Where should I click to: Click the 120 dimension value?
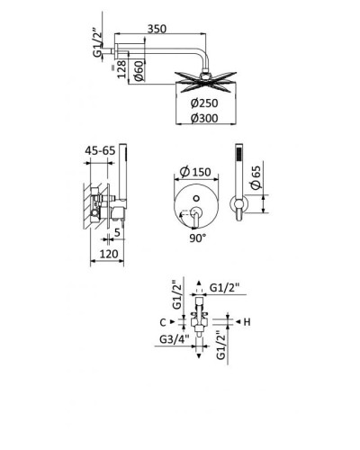tap(109, 256)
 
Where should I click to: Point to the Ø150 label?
tap(198, 172)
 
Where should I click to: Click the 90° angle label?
tap(198, 238)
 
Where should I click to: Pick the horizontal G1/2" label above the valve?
tap(226, 287)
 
